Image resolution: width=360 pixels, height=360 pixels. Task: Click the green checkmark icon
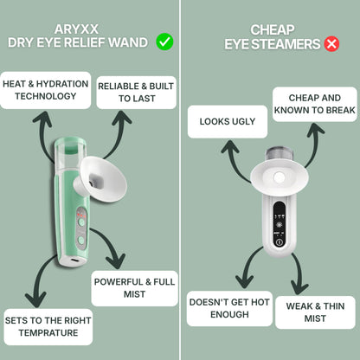(164, 42)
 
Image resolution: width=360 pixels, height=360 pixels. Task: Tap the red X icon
(331, 43)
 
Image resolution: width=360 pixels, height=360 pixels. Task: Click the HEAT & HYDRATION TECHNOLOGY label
(45, 90)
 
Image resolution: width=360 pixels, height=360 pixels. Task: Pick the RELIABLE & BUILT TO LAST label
(136, 93)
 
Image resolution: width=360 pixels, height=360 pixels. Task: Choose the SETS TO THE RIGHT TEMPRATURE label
(47, 327)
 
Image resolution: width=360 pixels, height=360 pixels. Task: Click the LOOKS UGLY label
(228, 121)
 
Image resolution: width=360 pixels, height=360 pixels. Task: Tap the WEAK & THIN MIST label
(314, 312)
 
